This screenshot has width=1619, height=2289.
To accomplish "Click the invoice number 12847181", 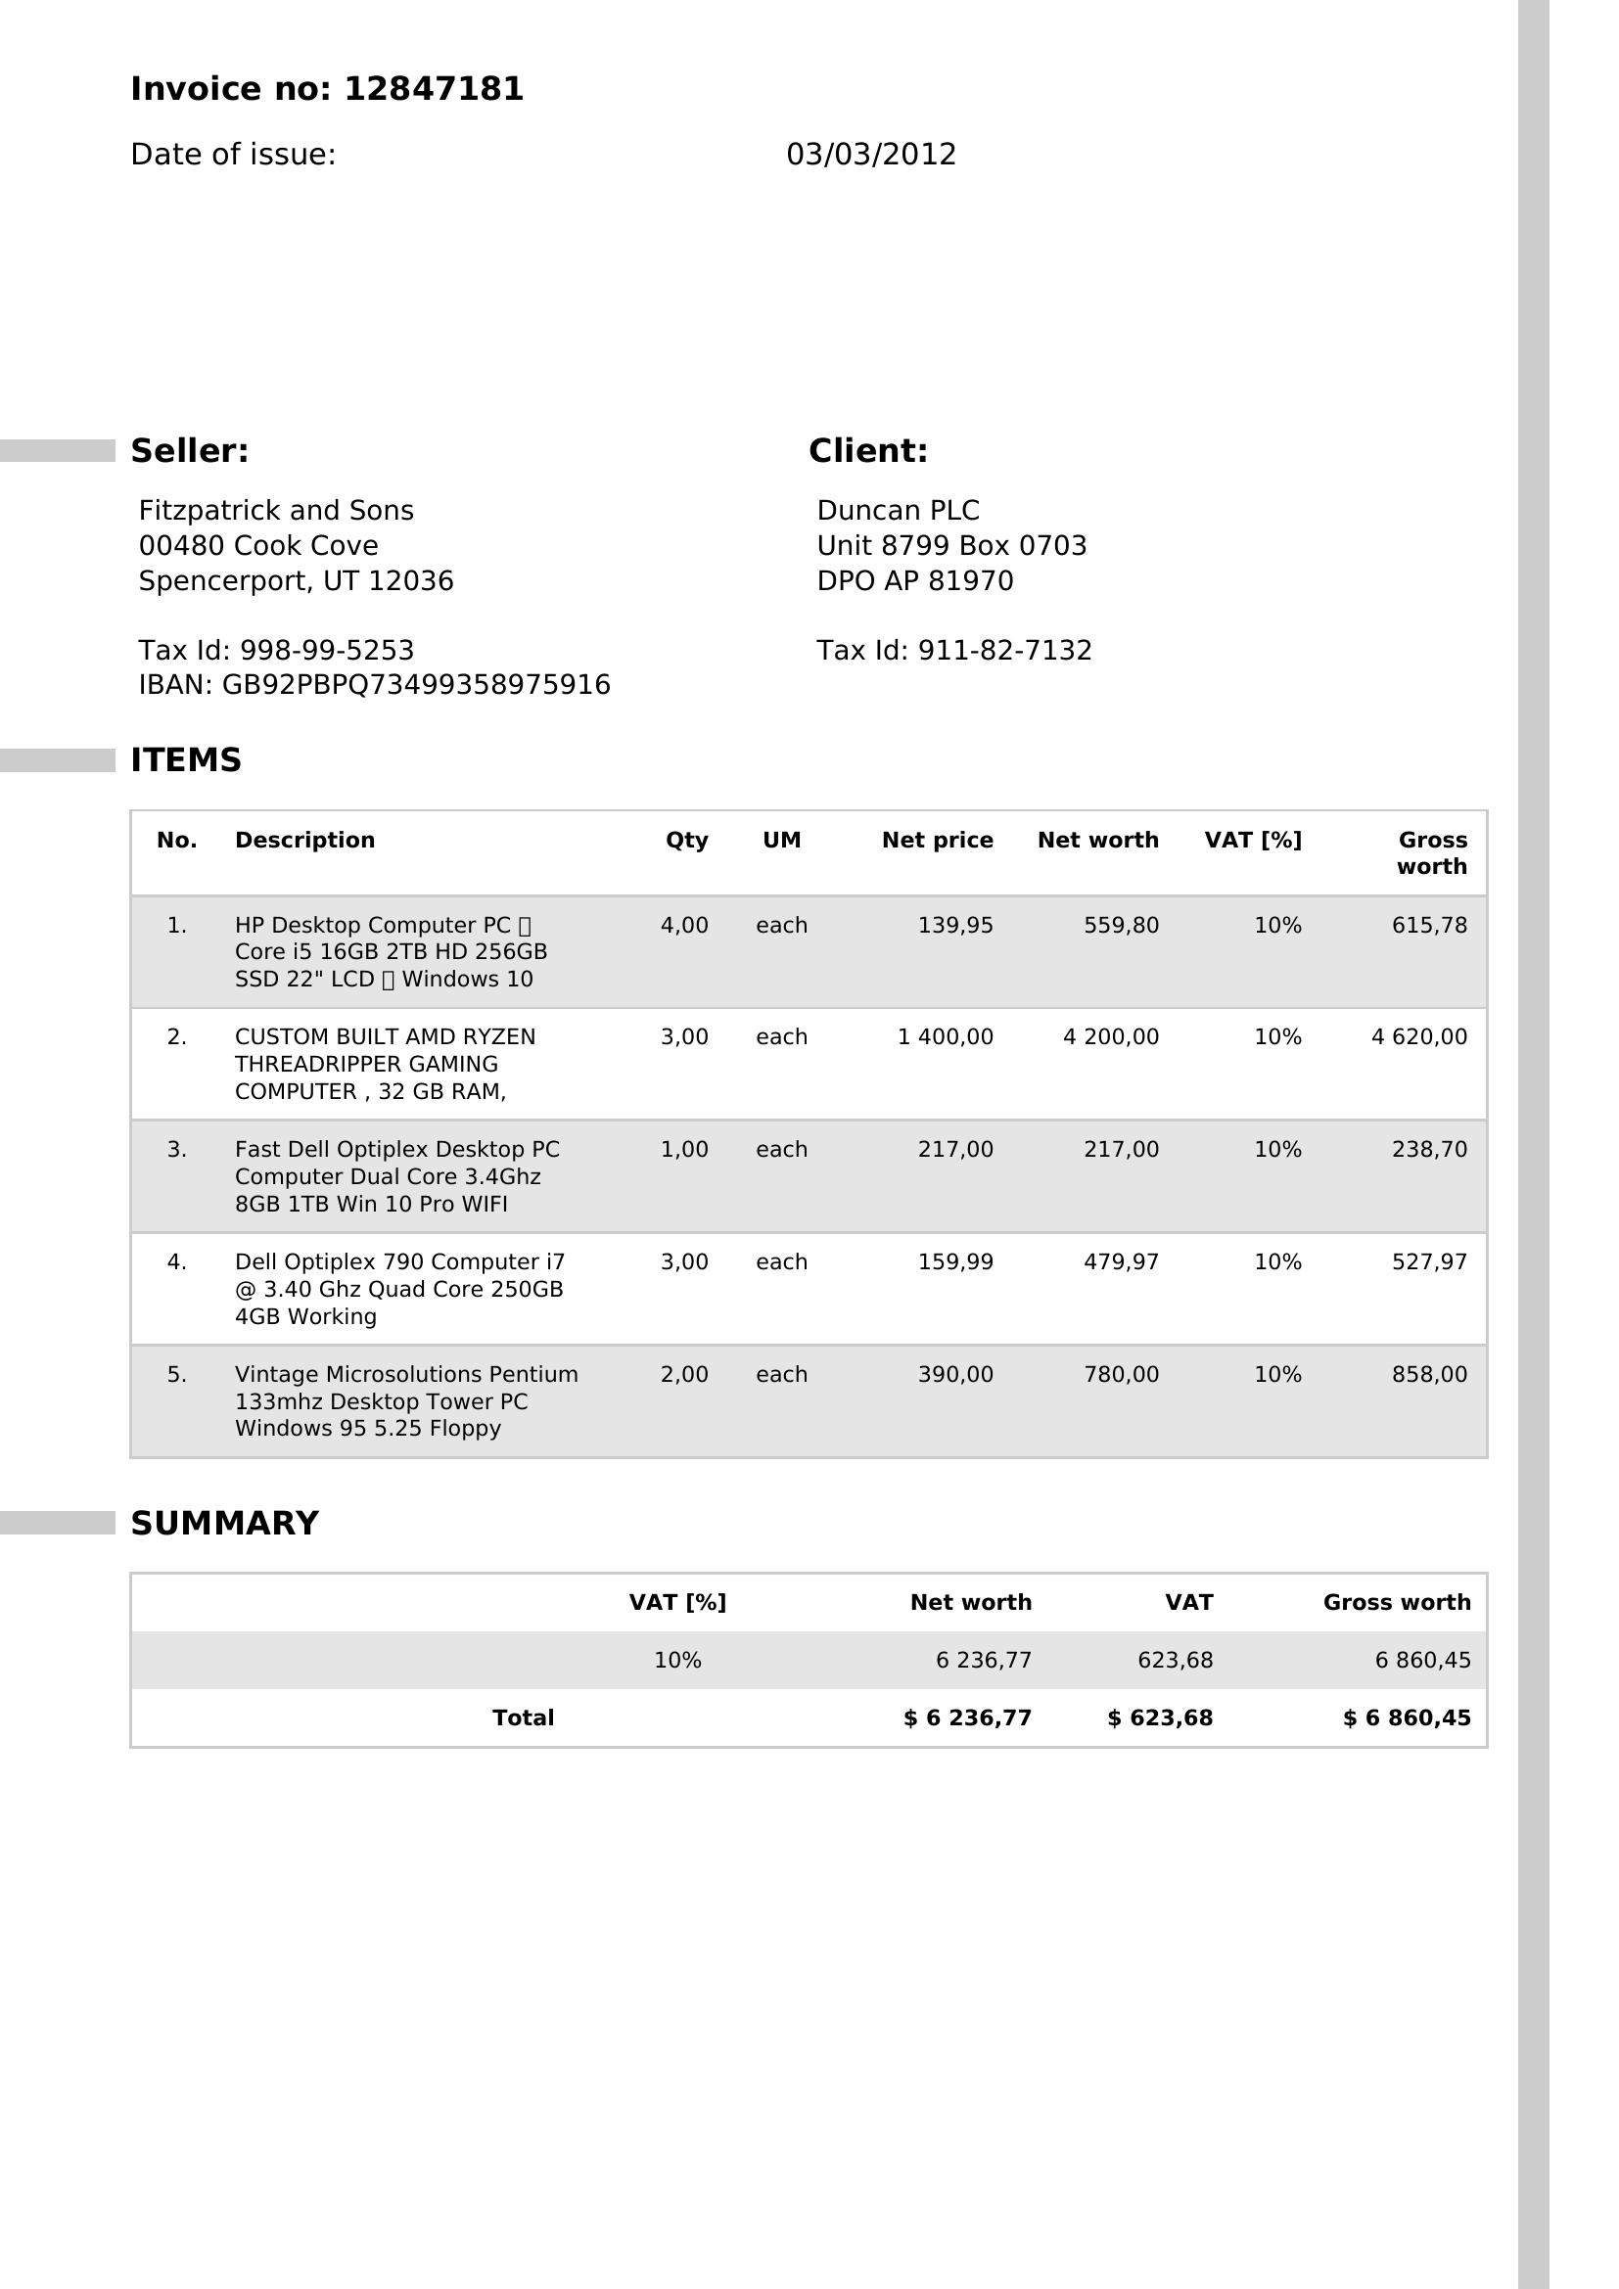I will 433,90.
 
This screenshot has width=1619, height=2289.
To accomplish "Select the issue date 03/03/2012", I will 870,155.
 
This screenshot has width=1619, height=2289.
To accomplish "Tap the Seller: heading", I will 190,450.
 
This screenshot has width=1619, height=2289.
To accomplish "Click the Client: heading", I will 867,450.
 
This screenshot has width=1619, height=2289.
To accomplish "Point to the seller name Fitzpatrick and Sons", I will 275,511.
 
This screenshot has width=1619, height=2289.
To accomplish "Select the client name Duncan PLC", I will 898,511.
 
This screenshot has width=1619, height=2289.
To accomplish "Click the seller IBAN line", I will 374,685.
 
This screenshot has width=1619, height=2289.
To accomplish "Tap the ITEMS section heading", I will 185,759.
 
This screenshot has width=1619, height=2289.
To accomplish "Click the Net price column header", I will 937,840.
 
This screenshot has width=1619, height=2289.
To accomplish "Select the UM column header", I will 781,840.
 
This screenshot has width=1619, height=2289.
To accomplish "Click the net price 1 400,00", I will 946,1036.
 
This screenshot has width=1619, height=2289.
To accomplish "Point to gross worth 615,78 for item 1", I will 1428,925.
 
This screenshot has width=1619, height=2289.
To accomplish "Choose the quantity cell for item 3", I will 684,1150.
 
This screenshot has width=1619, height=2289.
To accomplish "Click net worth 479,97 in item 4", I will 1121,1262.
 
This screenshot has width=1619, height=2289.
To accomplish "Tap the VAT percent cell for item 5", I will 1277,1375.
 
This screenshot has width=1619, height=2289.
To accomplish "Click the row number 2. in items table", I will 176,1036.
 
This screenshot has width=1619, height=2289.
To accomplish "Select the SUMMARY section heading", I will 224,1524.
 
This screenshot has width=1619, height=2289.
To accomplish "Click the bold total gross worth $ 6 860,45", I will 1406,1717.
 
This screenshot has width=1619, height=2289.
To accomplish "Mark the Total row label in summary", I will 523,1717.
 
